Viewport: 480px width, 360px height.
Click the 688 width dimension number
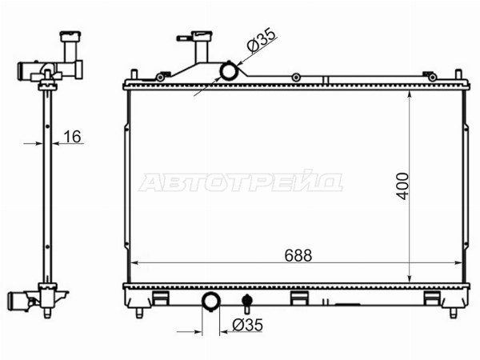pyautogui.click(x=298, y=255)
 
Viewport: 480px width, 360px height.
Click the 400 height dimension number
pyautogui.click(x=402, y=186)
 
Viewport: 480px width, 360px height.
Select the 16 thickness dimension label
pyautogui.click(x=72, y=137)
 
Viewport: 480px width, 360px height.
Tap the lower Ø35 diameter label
pyautogui.click(x=247, y=325)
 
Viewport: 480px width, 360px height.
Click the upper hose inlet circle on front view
pyautogui.click(x=229, y=70)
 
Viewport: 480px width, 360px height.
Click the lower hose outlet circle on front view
pyautogui.click(x=211, y=302)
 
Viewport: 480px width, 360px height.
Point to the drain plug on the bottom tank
pyautogui.click(x=247, y=302)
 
